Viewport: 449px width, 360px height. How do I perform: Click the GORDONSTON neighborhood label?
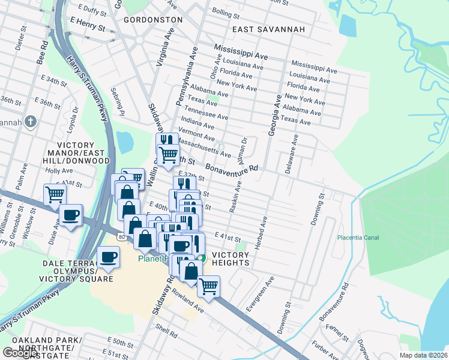click(152, 20)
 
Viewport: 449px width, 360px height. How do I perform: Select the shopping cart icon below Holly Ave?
click(55, 194)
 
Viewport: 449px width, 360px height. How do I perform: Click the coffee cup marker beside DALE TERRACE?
click(108, 257)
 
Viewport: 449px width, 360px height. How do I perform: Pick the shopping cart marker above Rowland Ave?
click(208, 286)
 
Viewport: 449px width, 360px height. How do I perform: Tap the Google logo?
click(20, 353)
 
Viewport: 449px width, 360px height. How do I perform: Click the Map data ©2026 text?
click(423, 355)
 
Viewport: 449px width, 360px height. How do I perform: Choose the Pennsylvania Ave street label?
click(187, 76)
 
